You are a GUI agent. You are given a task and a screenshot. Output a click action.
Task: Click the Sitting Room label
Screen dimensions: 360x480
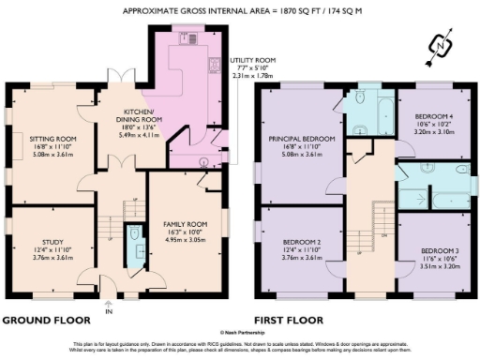click(52, 139)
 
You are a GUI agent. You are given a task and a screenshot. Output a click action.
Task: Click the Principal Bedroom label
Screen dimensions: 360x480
click(302, 140)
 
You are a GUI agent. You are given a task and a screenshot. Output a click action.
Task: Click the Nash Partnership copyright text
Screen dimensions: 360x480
click(240, 331)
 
